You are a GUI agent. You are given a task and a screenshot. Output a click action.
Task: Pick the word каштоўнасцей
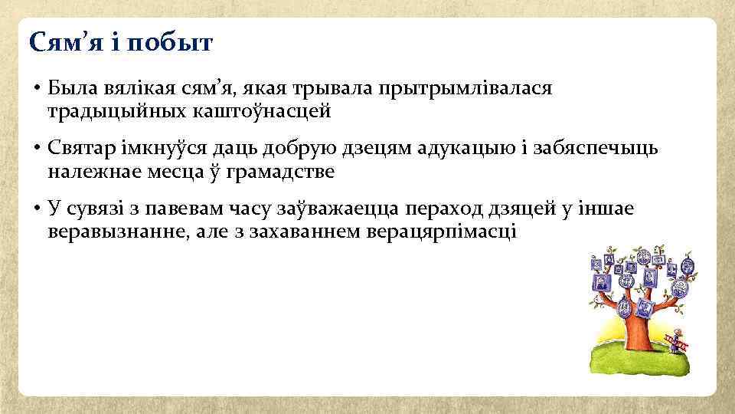click(x=260, y=112)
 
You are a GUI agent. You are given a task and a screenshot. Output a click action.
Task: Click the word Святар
click(x=81, y=147)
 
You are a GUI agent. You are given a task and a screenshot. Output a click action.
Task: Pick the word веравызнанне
click(x=116, y=231)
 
